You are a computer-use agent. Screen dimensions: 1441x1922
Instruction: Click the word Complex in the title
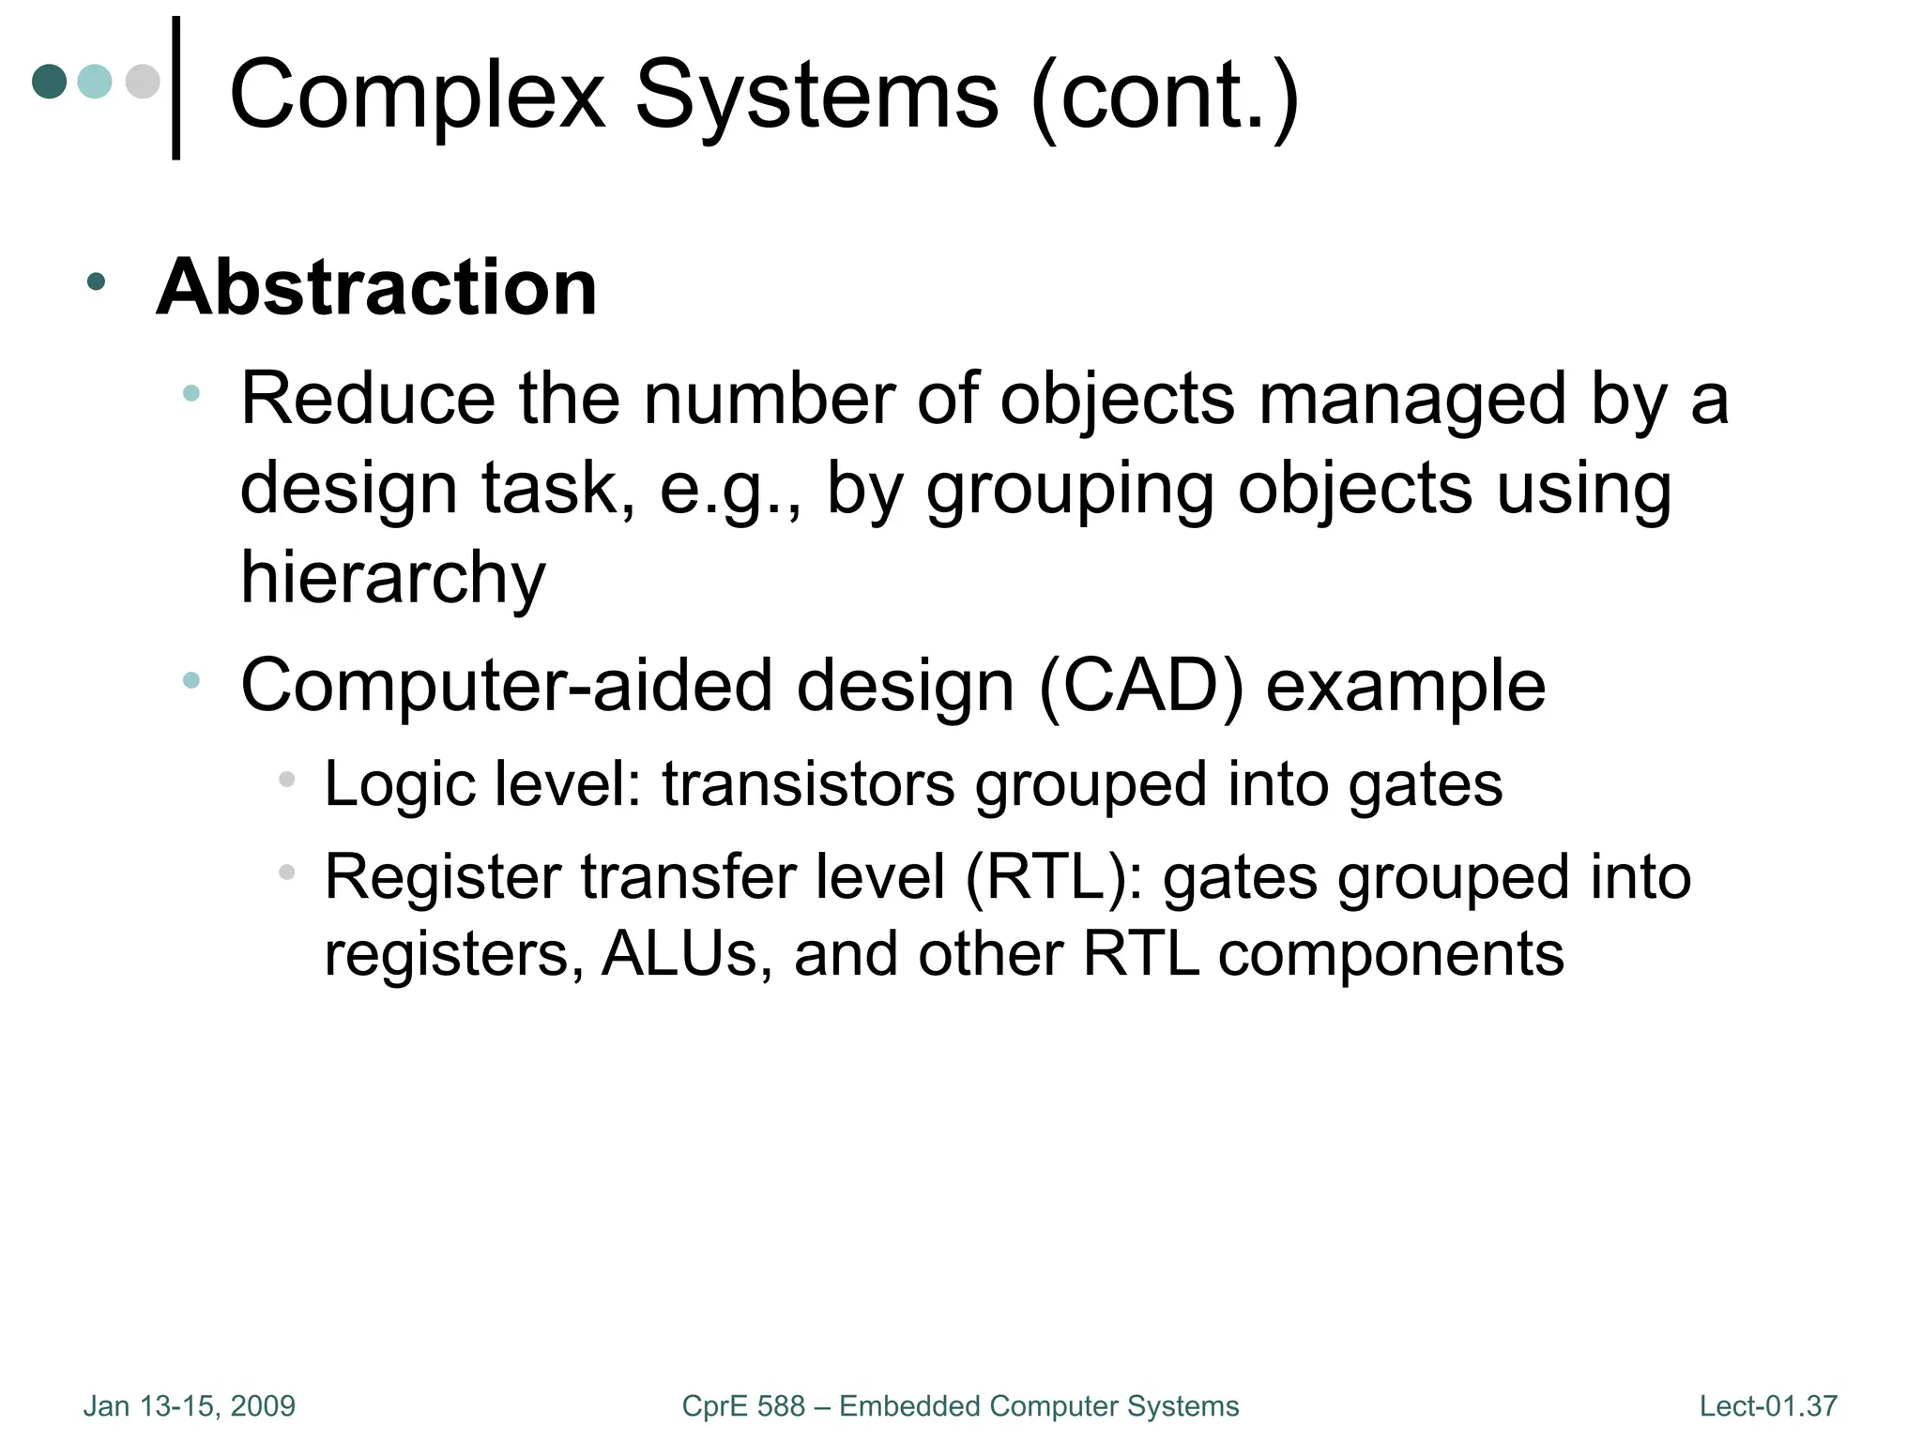point(417,96)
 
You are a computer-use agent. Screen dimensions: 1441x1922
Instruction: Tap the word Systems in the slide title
point(816,96)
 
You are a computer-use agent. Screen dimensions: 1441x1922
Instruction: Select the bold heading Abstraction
point(376,287)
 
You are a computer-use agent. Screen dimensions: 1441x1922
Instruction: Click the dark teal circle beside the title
point(50,81)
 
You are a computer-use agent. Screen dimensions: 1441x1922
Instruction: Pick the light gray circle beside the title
point(143,81)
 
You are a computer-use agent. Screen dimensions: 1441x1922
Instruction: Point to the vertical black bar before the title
point(175,88)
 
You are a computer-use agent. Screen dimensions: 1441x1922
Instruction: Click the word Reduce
point(368,400)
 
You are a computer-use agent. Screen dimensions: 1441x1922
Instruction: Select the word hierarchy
point(392,578)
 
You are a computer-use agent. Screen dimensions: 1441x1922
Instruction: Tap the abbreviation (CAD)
point(1141,686)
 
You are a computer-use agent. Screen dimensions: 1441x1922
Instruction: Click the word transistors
point(808,784)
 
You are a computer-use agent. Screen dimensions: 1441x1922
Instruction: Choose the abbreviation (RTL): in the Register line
point(1054,877)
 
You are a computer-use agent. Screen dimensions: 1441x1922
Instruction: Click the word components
point(1391,954)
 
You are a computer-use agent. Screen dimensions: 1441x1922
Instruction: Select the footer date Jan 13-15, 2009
point(190,1406)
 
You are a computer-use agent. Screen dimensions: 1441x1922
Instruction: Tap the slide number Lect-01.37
point(1768,1406)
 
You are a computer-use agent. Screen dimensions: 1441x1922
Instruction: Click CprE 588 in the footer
point(743,1406)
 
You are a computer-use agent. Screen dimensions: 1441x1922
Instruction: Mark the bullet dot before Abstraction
point(96,281)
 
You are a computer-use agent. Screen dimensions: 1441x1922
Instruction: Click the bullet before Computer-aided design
point(191,680)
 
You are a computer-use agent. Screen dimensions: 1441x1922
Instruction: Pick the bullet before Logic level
point(287,779)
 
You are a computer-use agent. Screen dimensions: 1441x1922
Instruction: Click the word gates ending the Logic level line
point(1425,784)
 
